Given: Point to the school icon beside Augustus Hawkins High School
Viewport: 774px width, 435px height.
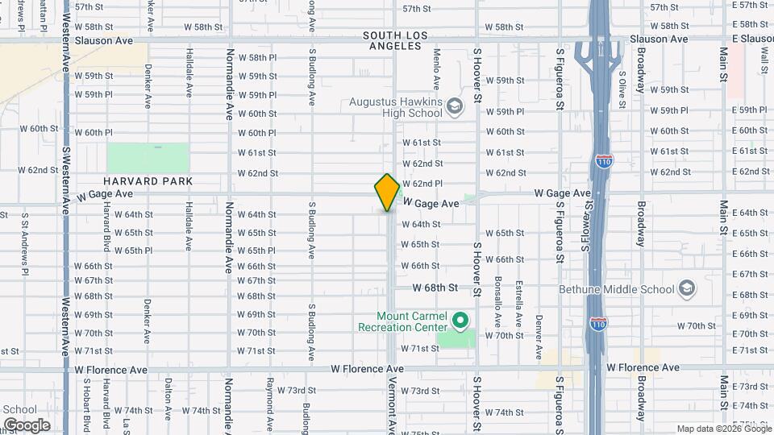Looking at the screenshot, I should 455,106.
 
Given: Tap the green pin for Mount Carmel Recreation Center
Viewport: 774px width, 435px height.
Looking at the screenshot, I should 460,321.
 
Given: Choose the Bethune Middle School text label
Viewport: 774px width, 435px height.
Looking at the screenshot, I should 617,289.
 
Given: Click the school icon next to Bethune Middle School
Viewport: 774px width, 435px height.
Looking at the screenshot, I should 686,288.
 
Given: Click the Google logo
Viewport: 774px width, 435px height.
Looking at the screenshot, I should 27,425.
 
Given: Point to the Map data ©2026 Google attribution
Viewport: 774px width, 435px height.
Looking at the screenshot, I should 722,429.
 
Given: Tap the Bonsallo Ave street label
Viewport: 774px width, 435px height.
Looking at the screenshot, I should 498,302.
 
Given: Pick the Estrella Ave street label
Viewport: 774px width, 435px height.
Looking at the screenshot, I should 518,303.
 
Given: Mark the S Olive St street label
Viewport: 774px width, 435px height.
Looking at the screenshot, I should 622,89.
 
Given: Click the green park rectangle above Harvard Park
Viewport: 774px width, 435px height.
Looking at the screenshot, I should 148,158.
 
